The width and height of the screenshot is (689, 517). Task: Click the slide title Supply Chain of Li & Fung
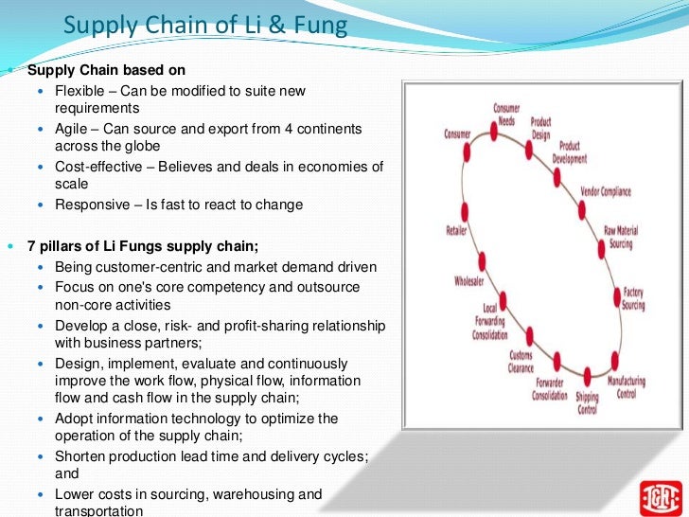(x=205, y=26)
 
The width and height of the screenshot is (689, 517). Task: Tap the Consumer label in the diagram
(x=457, y=134)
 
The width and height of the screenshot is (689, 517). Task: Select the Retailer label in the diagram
(x=457, y=230)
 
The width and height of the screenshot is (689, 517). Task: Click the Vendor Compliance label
(x=605, y=192)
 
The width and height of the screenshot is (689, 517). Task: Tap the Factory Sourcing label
(x=633, y=300)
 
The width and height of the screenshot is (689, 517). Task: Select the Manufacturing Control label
(x=627, y=386)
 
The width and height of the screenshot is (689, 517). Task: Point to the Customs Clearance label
(x=521, y=362)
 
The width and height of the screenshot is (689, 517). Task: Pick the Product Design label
(x=541, y=127)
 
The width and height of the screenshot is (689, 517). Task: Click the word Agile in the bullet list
(x=73, y=128)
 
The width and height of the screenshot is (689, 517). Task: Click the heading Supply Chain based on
(x=106, y=70)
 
